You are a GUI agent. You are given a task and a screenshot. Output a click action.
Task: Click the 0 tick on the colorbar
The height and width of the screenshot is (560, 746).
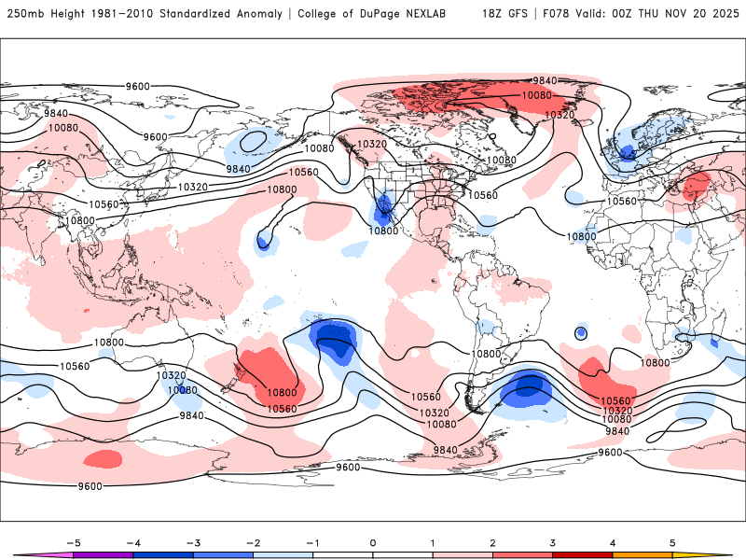373,542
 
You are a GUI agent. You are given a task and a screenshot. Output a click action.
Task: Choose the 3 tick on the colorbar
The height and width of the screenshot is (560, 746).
553,542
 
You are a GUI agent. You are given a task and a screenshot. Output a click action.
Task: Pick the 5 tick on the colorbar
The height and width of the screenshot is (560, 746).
673,542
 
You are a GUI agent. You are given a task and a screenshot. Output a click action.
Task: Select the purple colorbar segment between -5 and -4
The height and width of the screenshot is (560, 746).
103,554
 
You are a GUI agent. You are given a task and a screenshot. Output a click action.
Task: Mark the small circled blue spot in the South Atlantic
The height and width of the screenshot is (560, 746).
581,333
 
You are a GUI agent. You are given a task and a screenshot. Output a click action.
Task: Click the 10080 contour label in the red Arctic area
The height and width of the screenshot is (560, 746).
537,95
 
